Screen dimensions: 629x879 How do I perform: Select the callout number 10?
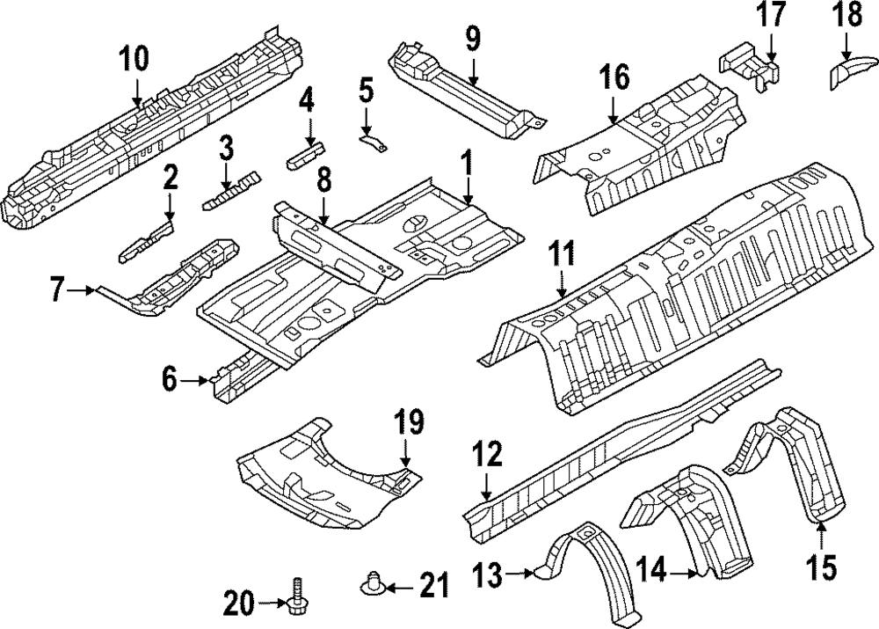[x=135, y=58]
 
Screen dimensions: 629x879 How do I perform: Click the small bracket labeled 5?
[x=375, y=141]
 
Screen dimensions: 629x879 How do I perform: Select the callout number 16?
[x=614, y=79]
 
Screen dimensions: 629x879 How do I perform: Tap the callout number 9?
[x=473, y=38]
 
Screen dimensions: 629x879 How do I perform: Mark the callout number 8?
[x=323, y=182]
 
